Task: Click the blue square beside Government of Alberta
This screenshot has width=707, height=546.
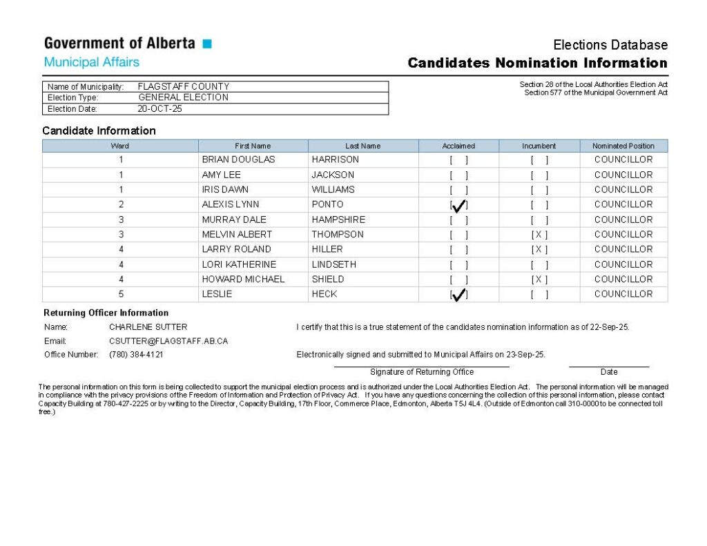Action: pyautogui.click(x=207, y=44)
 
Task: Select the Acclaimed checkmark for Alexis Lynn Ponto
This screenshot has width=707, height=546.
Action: pyautogui.click(x=459, y=205)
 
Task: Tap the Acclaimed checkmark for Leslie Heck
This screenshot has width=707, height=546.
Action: pyautogui.click(x=459, y=295)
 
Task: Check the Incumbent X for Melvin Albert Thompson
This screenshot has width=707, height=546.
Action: pyautogui.click(x=539, y=235)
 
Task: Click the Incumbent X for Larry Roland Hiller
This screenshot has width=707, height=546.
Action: pyautogui.click(x=539, y=249)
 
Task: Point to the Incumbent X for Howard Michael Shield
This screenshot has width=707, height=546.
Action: pyautogui.click(x=539, y=280)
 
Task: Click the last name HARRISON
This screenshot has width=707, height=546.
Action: pyautogui.click(x=335, y=159)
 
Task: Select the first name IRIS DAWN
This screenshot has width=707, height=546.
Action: pyautogui.click(x=225, y=190)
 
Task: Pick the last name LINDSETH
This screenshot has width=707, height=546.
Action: pyautogui.click(x=333, y=264)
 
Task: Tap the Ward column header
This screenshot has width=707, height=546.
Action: pyautogui.click(x=120, y=146)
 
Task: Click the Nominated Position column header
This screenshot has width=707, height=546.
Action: pyautogui.click(x=623, y=146)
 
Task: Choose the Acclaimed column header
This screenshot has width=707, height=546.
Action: pyautogui.click(x=458, y=146)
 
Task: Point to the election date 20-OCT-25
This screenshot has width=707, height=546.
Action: pyautogui.click(x=159, y=109)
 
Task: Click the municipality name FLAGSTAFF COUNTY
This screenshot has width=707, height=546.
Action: pyautogui.click(x=184, y=87)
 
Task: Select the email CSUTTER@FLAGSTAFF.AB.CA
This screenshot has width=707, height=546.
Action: pyautogui.click(x=168, y=341)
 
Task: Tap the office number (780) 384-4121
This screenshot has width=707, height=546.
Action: pyautogui.click(x=136, y=355)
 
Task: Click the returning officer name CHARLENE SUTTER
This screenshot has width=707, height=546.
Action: pyautogui.click(x=148, y=327)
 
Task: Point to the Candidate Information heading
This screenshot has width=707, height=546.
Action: pyautogui.click(x=99, y=130)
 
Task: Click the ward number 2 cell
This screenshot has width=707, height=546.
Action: pyautogui.click(x=121, y=205)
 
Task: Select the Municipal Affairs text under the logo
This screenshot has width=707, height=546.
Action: pyautogui.click(x=92, y=62)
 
